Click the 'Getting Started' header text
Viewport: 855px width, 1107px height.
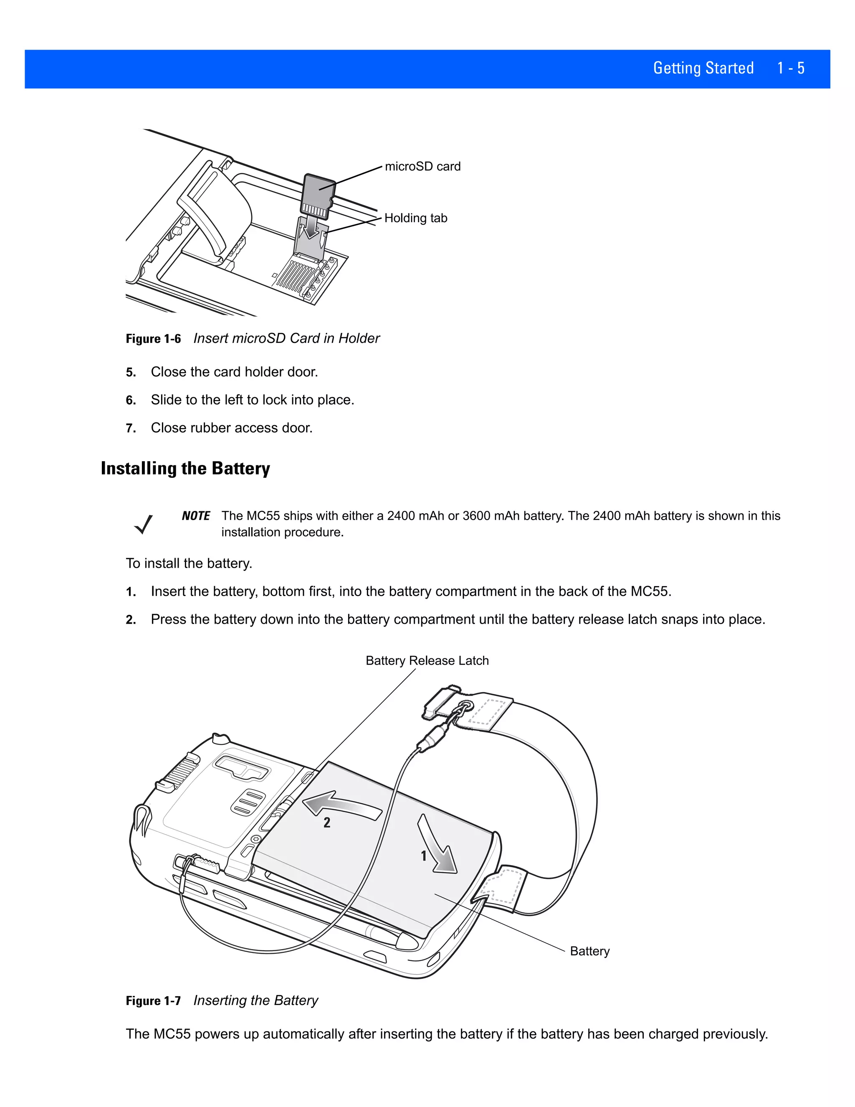[703, 68]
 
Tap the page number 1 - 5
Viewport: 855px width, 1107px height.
[791, 68]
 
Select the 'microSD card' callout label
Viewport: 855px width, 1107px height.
[422, 166]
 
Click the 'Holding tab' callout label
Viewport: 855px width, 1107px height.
[415, 218]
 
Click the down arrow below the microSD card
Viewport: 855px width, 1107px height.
[310, 228]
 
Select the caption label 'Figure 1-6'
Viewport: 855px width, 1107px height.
[153, 339]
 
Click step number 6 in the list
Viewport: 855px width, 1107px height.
[131, 401]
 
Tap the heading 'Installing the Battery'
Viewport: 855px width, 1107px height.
[185, 468]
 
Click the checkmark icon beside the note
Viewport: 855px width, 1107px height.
[143, 524]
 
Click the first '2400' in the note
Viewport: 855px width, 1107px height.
[401, 516]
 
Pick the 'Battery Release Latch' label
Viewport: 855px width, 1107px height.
[427, 660]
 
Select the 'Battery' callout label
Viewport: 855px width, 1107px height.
[589, 951]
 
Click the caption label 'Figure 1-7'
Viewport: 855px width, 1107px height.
[153, 1000]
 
